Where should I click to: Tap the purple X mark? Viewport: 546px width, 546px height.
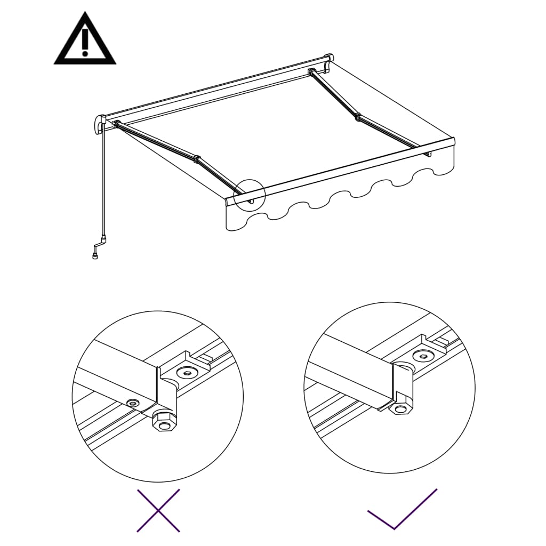click(158, 510)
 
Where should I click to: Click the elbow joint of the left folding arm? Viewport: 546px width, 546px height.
click(197, 159)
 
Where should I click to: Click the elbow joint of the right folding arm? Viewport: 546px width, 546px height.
click(357, 116)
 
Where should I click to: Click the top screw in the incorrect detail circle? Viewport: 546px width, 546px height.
click(187, 372)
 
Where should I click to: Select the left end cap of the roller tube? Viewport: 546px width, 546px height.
click(99, 124)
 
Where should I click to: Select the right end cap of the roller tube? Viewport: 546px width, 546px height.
click(329, 58)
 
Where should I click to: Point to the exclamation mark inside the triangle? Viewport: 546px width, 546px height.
click(85, 43)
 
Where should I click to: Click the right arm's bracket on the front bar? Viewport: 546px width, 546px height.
click(428, 153)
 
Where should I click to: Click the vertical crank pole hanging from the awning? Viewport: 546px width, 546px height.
click(103, 181)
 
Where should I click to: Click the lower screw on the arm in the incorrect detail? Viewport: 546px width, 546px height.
click(132, 403)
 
